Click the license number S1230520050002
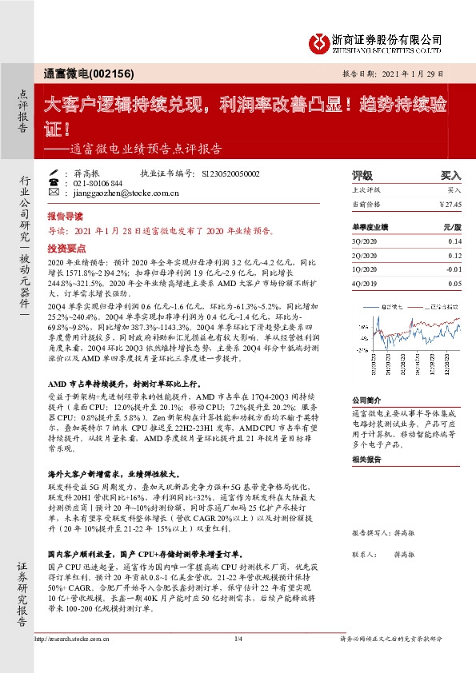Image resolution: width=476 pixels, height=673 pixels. coord(231,173)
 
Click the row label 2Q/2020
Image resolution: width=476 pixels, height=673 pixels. coord(366,255)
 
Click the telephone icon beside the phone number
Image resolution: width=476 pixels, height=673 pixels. coord(54,183)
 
